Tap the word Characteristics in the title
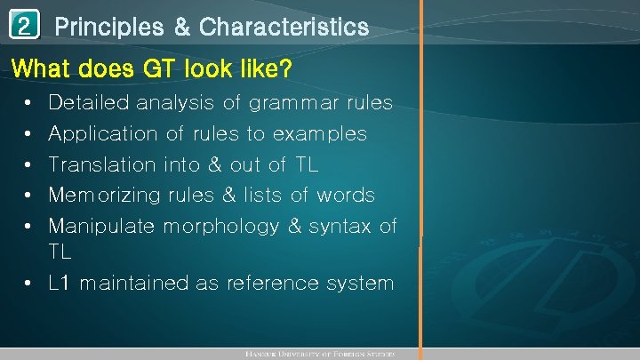284,28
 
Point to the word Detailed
86,103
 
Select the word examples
320,134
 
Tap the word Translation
101,164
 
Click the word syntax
342,226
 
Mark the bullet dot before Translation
29,164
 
